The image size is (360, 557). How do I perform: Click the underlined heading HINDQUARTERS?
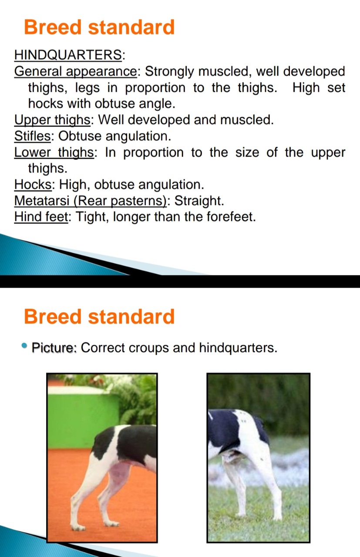(68, 54)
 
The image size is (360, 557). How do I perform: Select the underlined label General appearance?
(75, 72)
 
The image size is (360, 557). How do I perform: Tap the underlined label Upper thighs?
(52, 120)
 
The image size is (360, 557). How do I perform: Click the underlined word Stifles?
(32, 136)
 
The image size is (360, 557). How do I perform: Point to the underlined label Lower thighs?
(54, 152)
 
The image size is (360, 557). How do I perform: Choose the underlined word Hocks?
(33, 185)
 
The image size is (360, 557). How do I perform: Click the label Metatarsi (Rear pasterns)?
(90, 201)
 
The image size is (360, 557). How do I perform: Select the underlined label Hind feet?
(41, 217)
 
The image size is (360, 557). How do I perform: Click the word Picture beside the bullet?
(53, 347)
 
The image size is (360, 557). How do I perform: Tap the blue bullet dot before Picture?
(24, 346)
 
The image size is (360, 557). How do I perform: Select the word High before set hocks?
(306, 88)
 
